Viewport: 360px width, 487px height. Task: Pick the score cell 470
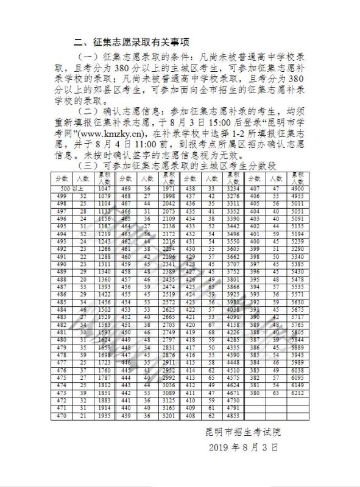(61, 416)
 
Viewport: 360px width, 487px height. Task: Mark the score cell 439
(125, 416)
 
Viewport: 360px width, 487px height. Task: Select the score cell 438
(190, 189)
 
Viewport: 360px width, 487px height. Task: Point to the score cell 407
(255, 189)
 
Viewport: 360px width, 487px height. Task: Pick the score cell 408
(190, 416)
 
